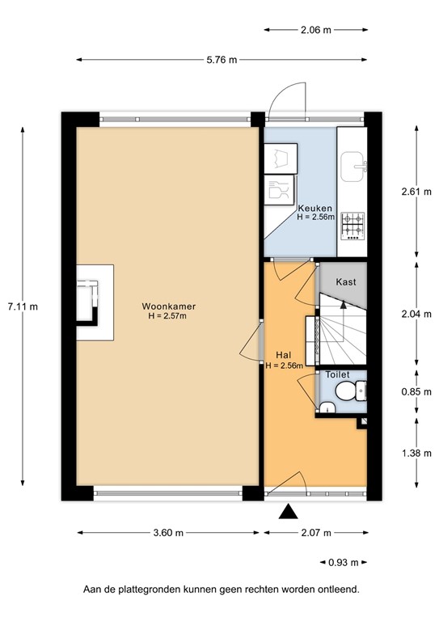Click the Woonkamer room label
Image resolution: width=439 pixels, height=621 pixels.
169,306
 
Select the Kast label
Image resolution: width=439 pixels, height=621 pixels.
346,282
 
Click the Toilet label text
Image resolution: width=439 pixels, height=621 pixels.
338,375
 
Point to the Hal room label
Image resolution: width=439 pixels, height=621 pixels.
283,355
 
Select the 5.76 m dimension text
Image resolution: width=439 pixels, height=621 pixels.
222,59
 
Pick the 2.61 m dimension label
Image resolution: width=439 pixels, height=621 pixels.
416,192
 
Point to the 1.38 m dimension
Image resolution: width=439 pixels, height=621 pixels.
416,454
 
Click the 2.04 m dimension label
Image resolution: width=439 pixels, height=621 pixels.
416,315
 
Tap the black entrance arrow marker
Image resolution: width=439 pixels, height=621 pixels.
287,511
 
